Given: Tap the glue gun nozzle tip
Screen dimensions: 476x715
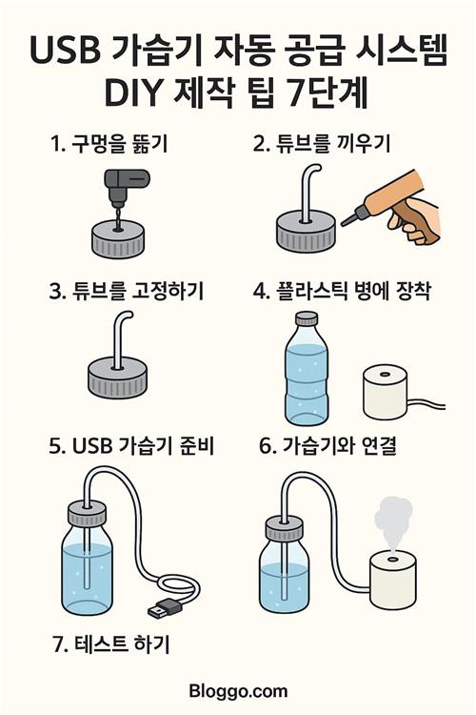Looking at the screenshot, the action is [x=343, y=224].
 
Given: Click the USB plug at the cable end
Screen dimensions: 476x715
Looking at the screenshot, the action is [x=165, y=608].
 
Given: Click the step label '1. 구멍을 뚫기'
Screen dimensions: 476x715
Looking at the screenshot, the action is [x=109, y=144].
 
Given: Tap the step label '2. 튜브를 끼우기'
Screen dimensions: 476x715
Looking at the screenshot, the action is [x=322, y=144].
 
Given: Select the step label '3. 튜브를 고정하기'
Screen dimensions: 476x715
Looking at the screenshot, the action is [x=127, y=292].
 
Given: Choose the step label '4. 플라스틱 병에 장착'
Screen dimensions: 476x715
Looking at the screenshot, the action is [x=342, y=292].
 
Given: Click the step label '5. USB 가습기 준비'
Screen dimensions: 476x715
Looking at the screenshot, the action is [x=131, y=446].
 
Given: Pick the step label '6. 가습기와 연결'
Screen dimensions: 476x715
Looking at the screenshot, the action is [x=327, y=446].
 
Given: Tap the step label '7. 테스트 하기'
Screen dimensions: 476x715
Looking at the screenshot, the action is [x=111, y=644].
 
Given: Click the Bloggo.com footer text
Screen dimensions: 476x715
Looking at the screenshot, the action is [x=238, y=691].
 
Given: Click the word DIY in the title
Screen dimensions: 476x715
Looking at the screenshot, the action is [x=132, y=93].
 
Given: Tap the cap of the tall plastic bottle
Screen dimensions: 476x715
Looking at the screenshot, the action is [x=307, y=318].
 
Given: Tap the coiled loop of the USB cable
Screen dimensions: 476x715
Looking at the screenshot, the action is [x=179, y=588].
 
